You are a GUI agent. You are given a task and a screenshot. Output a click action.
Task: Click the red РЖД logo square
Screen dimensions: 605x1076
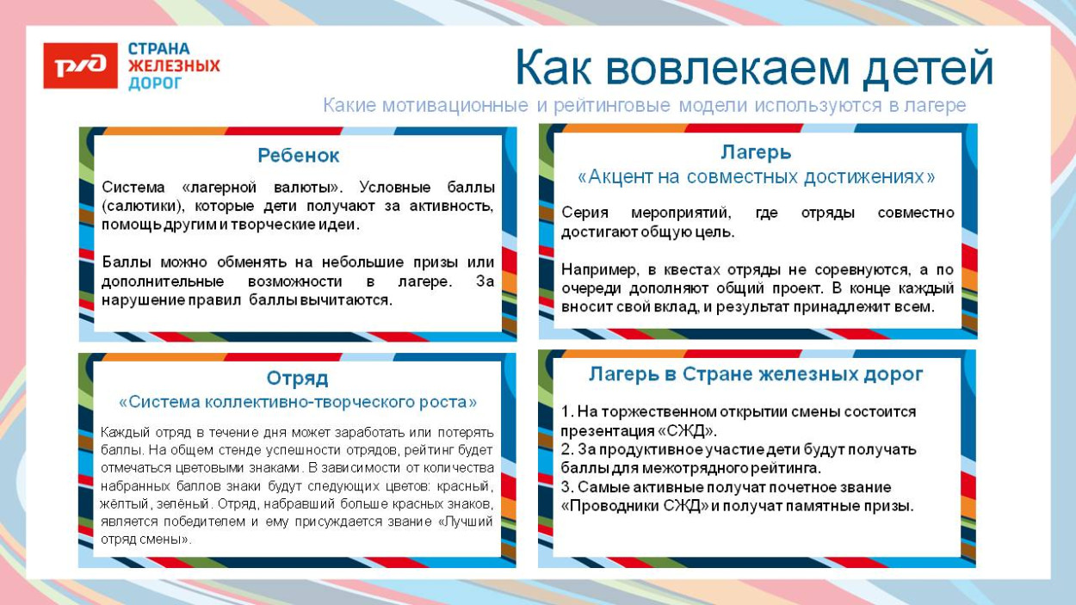pos(80,65)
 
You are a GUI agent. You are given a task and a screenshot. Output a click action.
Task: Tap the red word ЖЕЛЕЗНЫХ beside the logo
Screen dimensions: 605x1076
pos(174,66)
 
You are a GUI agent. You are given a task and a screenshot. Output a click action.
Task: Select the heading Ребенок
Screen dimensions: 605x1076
pos(299,156)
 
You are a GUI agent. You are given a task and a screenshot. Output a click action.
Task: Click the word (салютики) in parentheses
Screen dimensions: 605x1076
pos(141,207)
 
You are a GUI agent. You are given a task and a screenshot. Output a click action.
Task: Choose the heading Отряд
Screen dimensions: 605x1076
pos(297,379)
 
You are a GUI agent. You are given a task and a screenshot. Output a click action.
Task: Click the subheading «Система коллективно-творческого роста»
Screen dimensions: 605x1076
pos(297,402)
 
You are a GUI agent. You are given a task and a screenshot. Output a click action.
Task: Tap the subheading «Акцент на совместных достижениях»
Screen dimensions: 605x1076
pos(756,177)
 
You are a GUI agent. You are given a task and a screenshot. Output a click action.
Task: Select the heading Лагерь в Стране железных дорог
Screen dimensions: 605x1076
pos(756,374)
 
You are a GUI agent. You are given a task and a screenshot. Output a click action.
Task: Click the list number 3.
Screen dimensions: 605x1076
pos(566,487)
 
